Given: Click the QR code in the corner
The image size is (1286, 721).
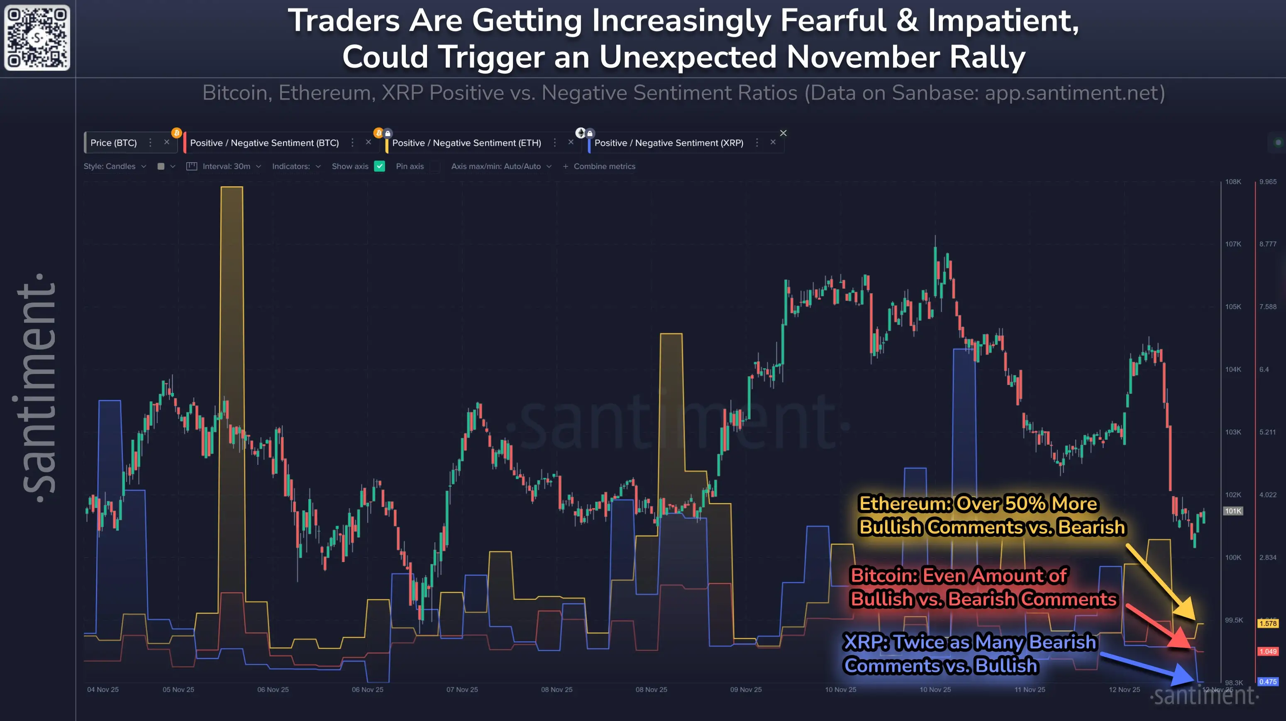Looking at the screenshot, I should click(x=37, y=37).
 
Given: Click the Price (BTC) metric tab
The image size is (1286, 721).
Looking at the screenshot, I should click(x=113, y=143).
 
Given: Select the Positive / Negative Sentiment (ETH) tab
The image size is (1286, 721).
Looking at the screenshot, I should click(x=466, y=143).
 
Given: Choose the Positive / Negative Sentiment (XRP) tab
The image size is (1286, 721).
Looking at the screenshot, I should click(x=669, y=143).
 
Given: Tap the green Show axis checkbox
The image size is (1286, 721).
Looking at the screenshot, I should click(x=379, y=166).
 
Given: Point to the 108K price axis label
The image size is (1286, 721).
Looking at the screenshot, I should click(x=1232, y=182).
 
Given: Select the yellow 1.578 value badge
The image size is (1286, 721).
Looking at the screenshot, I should click(x=1267, y=623).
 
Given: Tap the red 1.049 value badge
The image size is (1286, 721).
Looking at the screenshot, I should click(x=1267, y=651).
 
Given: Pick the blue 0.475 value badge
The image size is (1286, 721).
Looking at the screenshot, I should click(x=1267, y=682).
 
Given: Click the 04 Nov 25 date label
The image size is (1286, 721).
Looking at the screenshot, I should click(x=103, y=689).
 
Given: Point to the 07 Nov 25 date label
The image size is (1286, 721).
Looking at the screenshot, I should click(x=462, y=689).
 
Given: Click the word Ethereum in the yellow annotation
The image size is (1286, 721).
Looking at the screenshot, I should click(x=905, y=504).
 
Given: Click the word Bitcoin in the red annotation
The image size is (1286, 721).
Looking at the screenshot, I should click(x=883, y=575).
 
